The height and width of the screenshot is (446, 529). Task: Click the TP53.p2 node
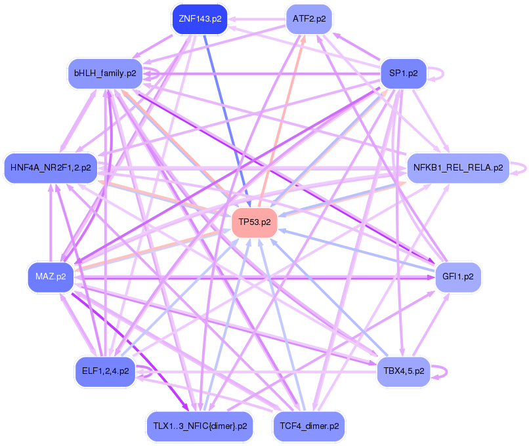[x=255, y=222]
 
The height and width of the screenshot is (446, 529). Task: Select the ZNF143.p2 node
[x=198, y=19]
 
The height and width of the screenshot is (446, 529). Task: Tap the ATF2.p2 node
[x=310, y=19]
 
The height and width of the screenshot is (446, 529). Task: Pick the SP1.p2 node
[x=404, y=73]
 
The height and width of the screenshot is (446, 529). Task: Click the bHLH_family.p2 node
[x=105, y=73]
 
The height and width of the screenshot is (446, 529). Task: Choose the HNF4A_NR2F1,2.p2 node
[x=51, y=168]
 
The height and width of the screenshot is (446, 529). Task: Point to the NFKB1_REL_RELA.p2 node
[x=458, y=168]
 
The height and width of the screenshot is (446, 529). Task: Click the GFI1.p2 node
[x=458, y=276]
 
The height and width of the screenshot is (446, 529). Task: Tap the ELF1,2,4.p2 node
[x=105, y=371]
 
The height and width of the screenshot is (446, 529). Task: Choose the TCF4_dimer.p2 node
[x=309, y=426]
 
